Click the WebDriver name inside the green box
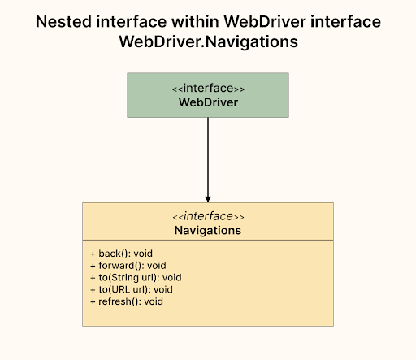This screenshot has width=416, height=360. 208,102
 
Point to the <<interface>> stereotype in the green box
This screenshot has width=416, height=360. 208,89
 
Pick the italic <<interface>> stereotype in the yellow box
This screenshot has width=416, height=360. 208,217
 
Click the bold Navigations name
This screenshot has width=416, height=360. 208,231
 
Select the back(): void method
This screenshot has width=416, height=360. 121,254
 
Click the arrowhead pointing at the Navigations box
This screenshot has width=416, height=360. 208,198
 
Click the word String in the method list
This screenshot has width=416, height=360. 124,277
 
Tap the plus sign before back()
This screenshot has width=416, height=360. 93,254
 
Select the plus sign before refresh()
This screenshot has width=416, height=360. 93,301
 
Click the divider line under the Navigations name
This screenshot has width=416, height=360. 208,241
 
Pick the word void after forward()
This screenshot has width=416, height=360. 156,265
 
